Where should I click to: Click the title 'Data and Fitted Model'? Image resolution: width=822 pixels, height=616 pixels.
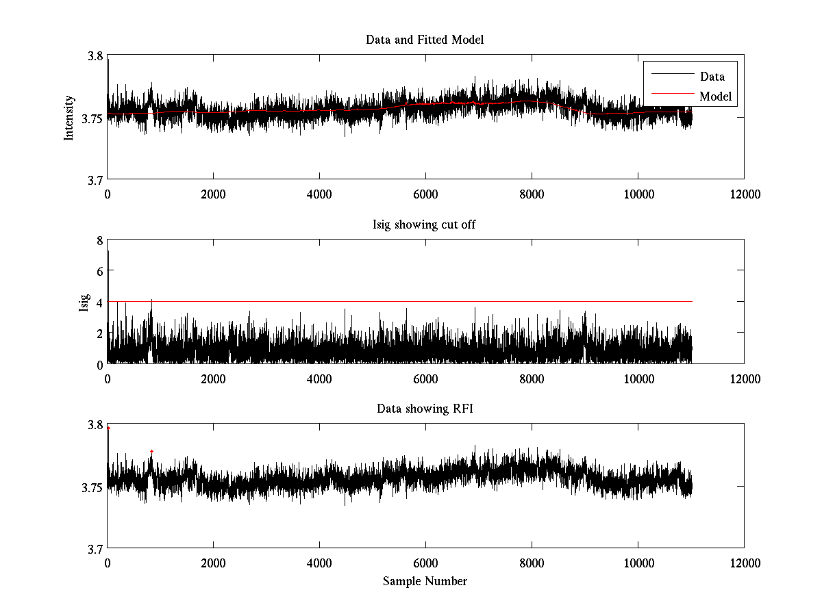pos(425,40)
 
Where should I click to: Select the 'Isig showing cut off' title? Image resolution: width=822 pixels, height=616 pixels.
pos(425,224)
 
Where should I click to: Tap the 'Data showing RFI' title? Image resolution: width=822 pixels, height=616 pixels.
pos(425,409)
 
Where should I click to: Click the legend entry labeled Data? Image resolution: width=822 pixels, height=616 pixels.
pos(712,77)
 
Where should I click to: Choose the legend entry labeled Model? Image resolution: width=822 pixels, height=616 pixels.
pos(715,97)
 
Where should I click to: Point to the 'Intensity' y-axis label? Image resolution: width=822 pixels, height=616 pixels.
pos(68,118)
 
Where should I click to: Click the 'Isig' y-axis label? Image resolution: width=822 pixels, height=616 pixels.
pos(84,302)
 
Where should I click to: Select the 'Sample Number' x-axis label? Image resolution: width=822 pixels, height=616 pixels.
pos(425,581)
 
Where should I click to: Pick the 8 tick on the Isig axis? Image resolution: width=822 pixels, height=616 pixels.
pos(99,240)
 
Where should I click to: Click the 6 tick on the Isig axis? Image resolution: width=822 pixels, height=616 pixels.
pos(99,271)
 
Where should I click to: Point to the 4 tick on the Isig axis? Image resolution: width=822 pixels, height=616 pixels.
pos(99,302)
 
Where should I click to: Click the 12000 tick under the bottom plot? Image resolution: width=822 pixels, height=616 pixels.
pos(744,563)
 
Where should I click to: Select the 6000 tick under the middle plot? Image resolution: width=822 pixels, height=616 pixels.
pos(425,378)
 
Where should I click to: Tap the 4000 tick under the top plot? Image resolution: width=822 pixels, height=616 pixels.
pos(319,194)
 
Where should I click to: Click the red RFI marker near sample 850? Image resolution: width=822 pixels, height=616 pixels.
pos(151,452)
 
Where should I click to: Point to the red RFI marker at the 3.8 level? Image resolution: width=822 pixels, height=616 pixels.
pos(108,428)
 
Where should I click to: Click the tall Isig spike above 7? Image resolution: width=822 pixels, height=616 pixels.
pos(108,252)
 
